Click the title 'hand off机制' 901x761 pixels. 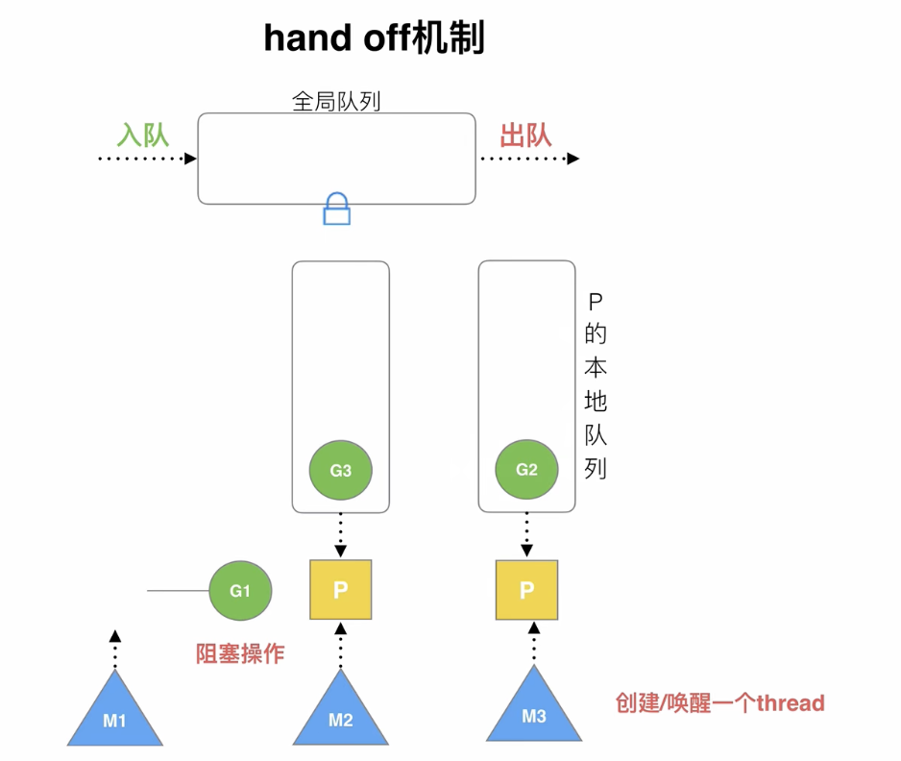(x=374, y=39)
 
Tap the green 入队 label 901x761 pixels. (x=143, y=135)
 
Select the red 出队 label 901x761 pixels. (x=525, y=135)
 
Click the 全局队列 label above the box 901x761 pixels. (x=336, y=101)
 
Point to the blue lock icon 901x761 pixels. (x=336, y=209)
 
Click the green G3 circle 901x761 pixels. (x=340, y=471)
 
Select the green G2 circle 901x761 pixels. (x=526, y=471)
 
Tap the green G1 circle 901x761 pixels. (x=240, y=591)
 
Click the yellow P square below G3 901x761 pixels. (x=340, y=590)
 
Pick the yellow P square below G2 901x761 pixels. (x=526, y=590)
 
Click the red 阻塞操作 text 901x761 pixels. (x=240, y=654)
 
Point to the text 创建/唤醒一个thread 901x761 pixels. (x=719, y=703)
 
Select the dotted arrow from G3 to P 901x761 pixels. (x=340, y=533)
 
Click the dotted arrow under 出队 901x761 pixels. (x=528, y=159)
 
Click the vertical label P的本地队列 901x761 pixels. (x=596, y=385)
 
